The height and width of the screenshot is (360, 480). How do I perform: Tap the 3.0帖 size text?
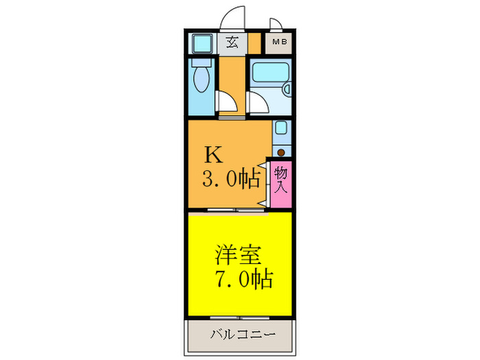[230, 180]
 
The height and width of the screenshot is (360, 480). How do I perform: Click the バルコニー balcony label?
[242, 336]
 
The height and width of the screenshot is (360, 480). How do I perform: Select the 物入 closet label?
[280, 182]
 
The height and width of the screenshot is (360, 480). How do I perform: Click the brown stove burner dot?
[280, 152]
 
